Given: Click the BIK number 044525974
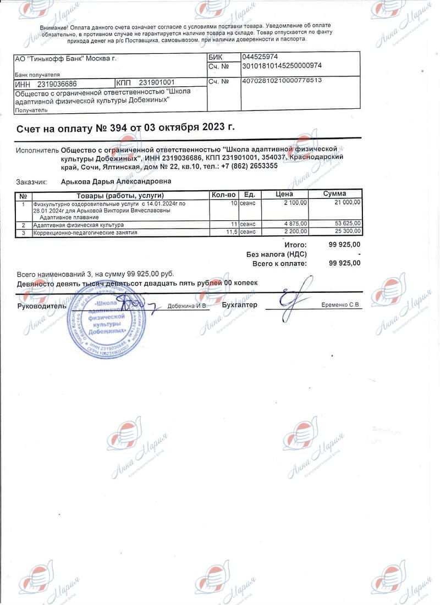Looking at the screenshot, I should (x=260, y=57).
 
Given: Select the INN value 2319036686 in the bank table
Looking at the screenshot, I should (x=57, y=84).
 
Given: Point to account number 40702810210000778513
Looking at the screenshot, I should (x=282, y=81).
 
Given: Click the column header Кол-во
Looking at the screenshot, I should (x=224, y=194).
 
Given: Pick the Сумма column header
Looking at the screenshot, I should (x=334, y=194).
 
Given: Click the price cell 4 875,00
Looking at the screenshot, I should (x=296, y=224).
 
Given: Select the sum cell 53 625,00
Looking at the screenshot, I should (x=347, y=224).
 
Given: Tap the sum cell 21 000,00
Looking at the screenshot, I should (x=347, y=202).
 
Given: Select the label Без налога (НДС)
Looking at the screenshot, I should (x=276, y=254).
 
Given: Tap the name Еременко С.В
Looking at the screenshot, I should (x=341, y=305).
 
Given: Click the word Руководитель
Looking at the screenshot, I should (x=40, y=305).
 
